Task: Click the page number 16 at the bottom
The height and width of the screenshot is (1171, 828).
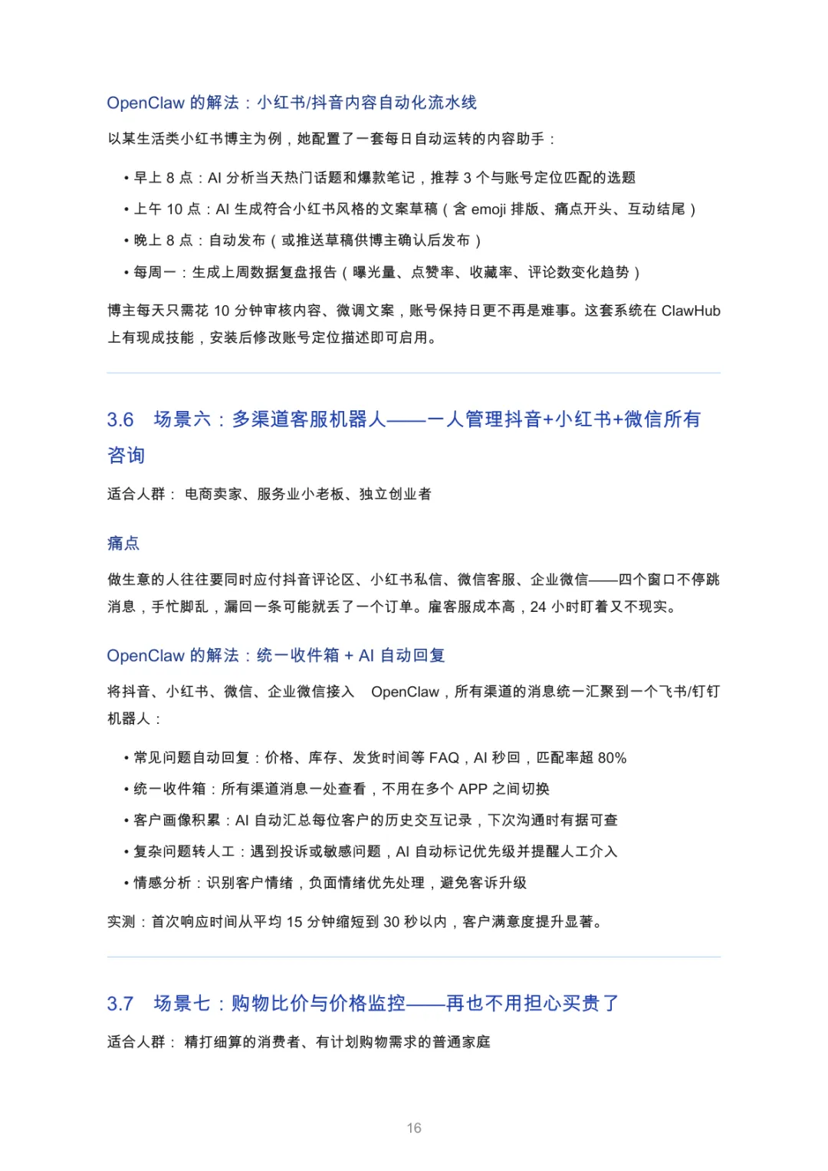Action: click(414, 1127)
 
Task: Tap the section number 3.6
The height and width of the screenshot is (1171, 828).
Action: click(120, 419)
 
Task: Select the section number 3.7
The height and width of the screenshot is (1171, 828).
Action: click(120, 1003)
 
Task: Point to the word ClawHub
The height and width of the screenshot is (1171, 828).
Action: click(691, 311)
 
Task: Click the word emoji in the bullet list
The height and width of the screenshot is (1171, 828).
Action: click(488, 209)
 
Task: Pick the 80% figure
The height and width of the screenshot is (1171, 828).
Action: click(612, 758)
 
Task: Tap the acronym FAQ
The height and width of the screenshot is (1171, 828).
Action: click(444, 758)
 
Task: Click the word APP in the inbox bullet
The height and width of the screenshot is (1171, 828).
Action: click(473, 789)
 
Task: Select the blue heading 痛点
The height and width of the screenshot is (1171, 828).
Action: click(123, 543)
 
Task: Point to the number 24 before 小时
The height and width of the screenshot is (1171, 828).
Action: click(538, 607)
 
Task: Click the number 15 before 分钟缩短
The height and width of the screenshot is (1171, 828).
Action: click(294, 921)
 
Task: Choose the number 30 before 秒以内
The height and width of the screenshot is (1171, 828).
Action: click(391, 921)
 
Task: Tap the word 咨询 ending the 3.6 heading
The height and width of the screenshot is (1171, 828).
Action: click(126, 456)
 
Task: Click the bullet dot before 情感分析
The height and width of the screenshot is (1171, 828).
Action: click(127, 883)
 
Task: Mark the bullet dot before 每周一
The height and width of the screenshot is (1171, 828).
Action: click(127, 272)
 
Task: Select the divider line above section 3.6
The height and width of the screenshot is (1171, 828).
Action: click(414, 373)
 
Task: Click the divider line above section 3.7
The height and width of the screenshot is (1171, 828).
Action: click(414, 956)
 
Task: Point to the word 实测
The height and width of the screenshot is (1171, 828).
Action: click(121, 921)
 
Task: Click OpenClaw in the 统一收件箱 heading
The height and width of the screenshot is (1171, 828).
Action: click(146, 656)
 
